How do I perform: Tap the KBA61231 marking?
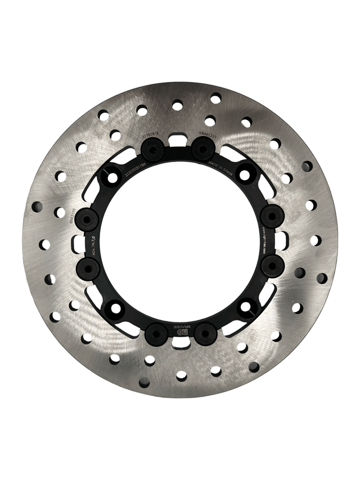(208, 135)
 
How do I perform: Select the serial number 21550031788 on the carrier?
(136, 167)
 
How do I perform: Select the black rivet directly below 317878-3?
(152, 150)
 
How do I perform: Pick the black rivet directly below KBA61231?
(203, 149)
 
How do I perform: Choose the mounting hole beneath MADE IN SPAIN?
(245, 174)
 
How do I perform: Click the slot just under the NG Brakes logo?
(180, 342)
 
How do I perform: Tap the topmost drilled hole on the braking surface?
(215, 98)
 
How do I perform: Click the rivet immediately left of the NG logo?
(156, 334)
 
